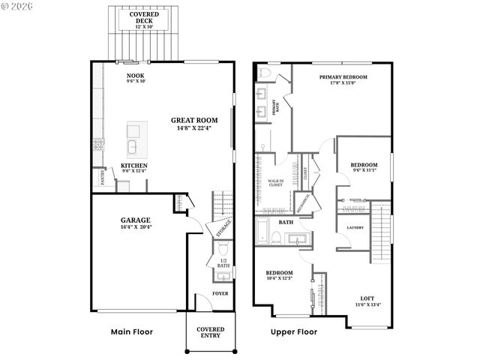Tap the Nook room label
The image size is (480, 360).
[136, 76]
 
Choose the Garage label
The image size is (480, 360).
[136, 221]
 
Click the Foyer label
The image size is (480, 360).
[220, 293]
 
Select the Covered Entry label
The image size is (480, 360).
[210, 333]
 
